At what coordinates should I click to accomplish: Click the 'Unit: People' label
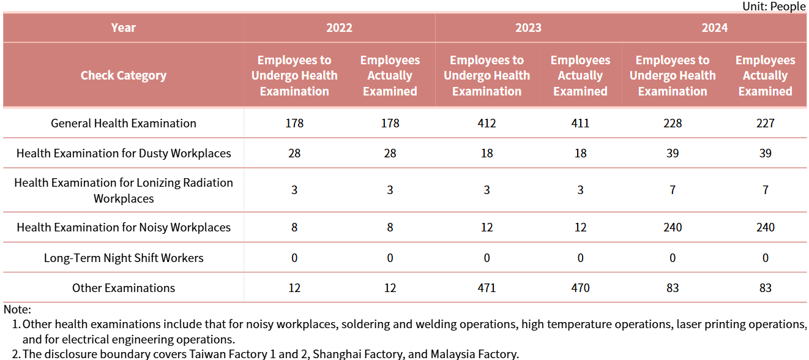point(774,6)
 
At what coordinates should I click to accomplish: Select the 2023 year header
point(528,28)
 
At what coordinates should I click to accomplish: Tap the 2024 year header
point(715,28)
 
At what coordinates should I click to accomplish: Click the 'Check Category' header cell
point(124,75)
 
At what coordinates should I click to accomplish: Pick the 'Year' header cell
point(124,28)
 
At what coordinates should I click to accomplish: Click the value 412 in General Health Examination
point(487,123)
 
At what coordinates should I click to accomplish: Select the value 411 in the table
point(580,123)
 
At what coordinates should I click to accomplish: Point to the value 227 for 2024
point(765,123)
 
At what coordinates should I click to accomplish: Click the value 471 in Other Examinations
point(487,288)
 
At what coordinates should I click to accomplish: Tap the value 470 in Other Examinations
point(580,288)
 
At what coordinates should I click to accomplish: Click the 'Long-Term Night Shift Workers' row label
point(124,258)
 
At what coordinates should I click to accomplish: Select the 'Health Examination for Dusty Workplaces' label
point(124,153)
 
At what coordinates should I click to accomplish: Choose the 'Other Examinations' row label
point(124,288)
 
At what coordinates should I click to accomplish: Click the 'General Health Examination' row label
point(124,123)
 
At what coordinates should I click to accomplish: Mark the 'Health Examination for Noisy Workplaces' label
point(124,227)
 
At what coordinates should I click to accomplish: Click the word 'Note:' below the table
point(17,310)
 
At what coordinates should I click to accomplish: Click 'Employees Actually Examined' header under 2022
point(390,75)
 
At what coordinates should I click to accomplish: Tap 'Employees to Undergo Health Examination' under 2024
point(673,75)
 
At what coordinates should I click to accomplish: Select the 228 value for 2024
point(673,123)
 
